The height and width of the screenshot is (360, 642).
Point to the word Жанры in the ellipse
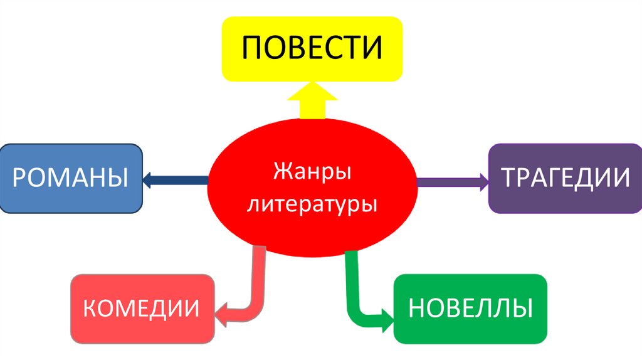[312, 171]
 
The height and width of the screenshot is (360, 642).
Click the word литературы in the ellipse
[312, 204]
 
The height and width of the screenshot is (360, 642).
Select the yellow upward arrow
[312, 103]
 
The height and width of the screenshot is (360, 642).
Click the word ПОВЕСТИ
[312, 49]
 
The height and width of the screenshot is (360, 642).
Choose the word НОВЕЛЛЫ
[470, 308]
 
